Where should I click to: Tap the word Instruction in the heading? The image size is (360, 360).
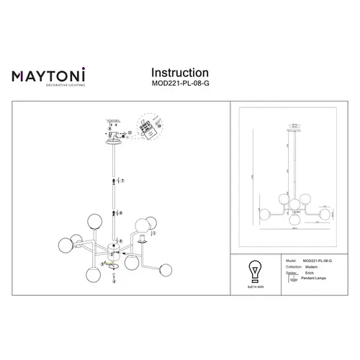point(179,73)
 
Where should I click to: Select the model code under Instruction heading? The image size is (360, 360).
point(181,84)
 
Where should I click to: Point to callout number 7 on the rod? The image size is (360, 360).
point(123,181)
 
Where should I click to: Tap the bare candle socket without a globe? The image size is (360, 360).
point(143,240)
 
